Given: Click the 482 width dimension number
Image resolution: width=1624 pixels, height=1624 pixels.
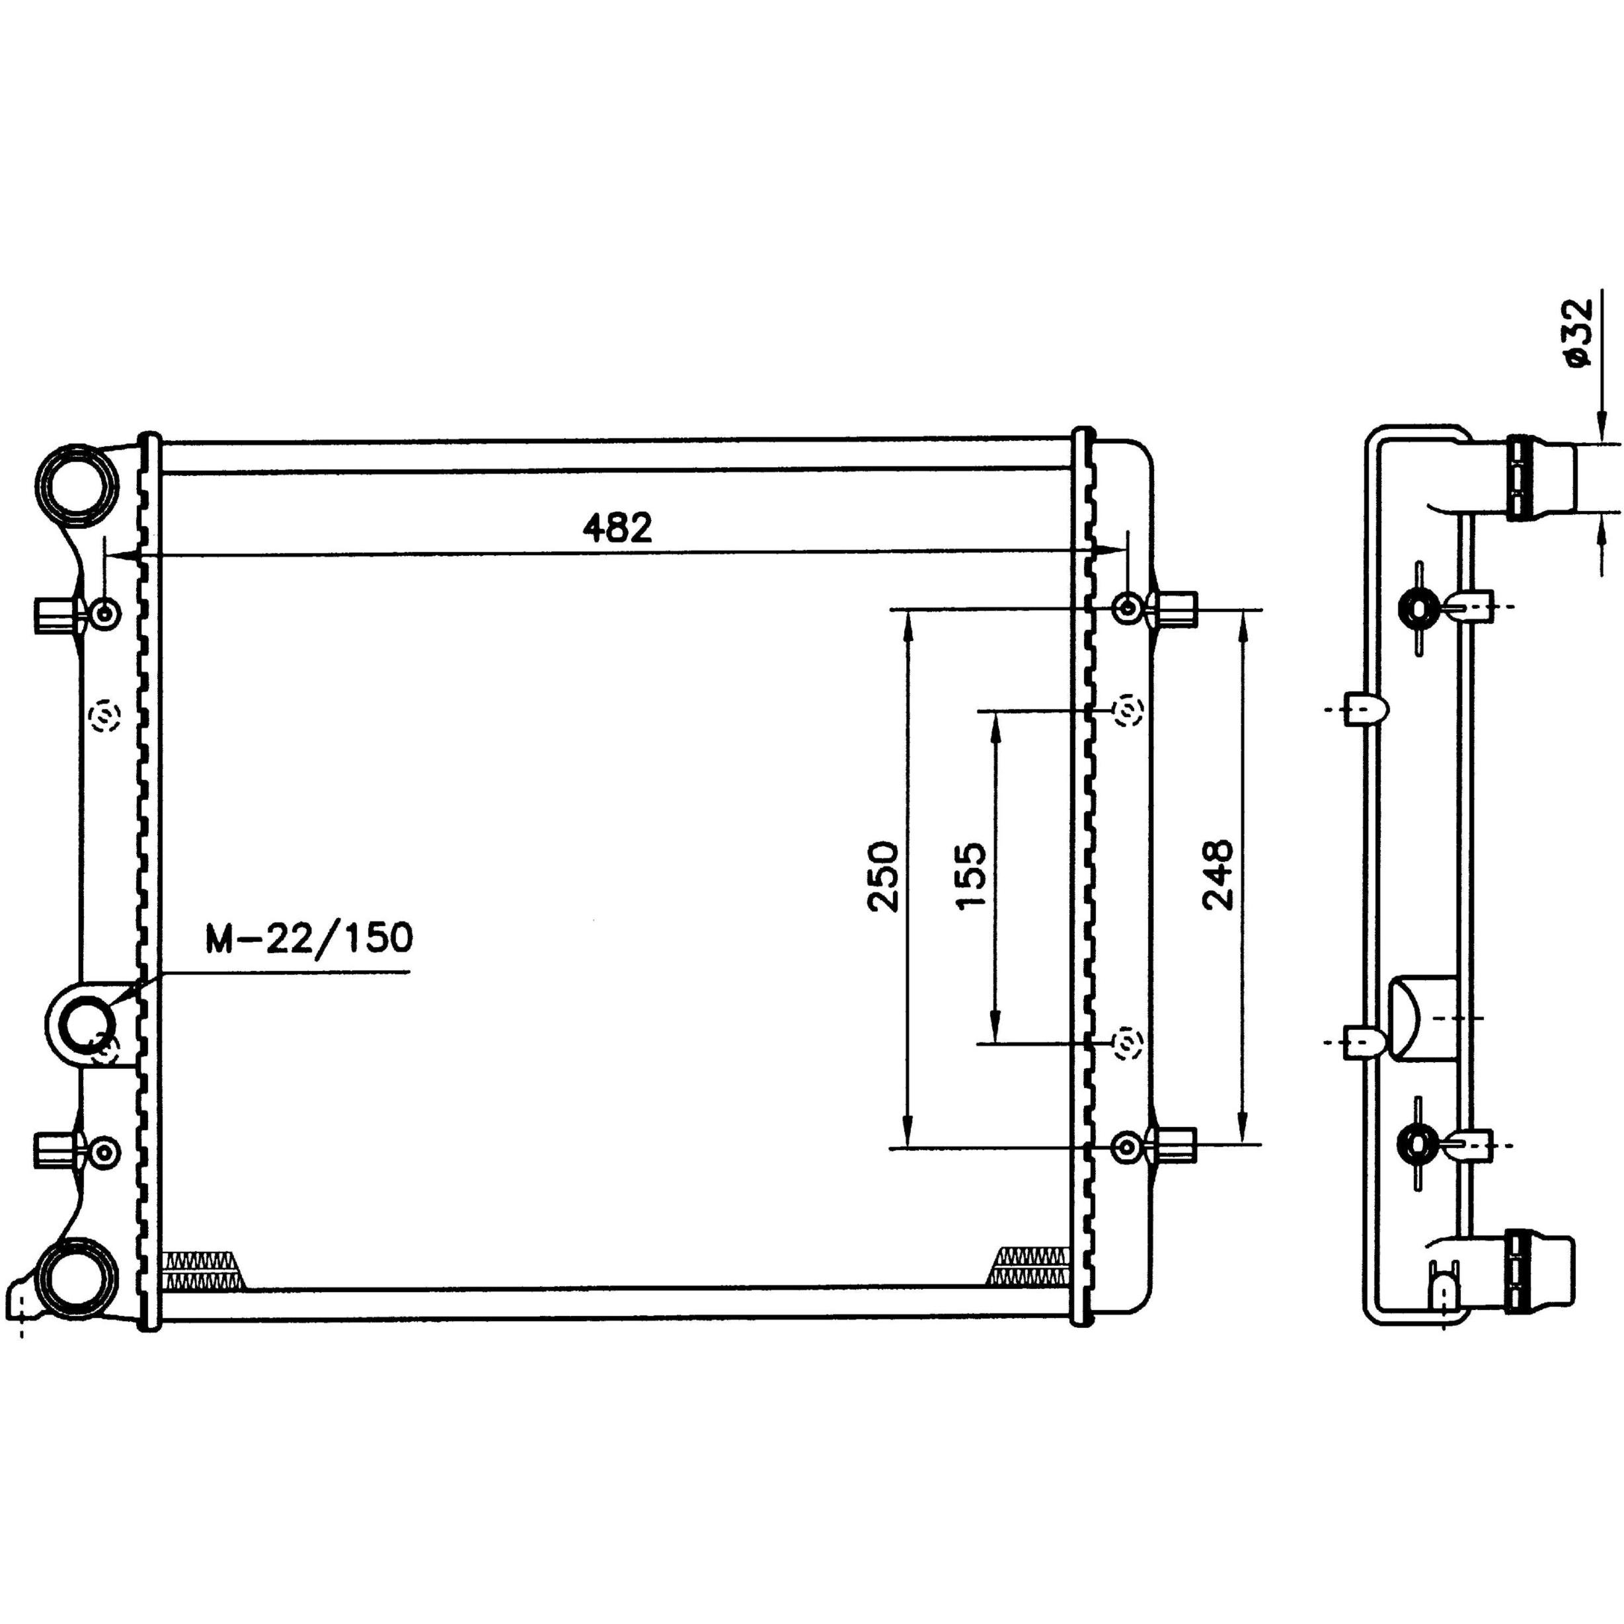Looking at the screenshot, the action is point(617,528).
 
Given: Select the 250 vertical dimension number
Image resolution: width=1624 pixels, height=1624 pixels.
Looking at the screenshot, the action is point(884,876).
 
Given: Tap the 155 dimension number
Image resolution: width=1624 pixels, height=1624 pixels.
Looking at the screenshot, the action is point(971,876).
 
